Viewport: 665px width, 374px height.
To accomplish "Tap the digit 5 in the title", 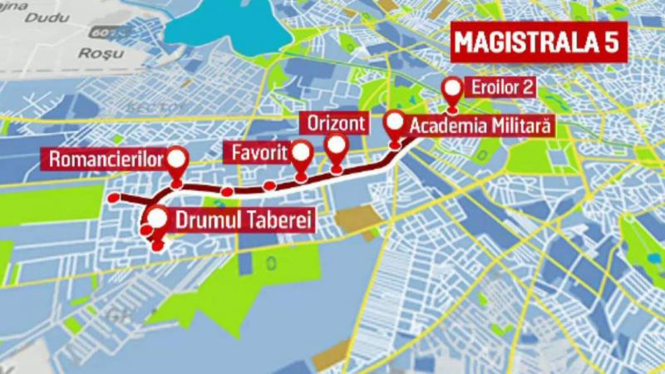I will [x=613, y=44].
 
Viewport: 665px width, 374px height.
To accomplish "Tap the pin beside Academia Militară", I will [x=397, y=125].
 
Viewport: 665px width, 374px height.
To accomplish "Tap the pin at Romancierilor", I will [x=176, y=161].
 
